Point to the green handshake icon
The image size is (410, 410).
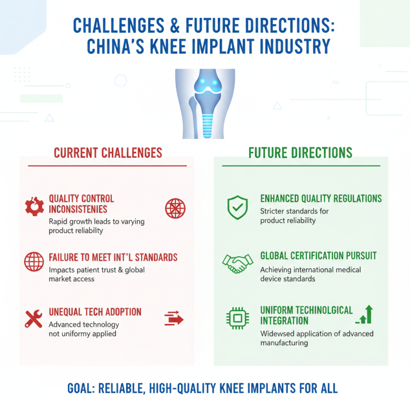point(237,263)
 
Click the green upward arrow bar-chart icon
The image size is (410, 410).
point(364,314)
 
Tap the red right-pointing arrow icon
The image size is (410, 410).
point(174,319)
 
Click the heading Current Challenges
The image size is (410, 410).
point(108,153)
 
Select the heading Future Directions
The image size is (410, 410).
point(300,153)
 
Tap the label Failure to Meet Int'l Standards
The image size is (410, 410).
point(113,257)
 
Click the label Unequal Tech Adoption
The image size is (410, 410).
point(95,312)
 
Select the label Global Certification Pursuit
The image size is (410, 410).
point(318,256)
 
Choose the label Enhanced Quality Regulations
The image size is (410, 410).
point(321,199)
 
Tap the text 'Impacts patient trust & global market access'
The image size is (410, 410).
point(96,274)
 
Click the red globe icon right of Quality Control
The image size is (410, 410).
point(175,208)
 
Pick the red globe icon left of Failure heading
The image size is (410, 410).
point(34,262)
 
